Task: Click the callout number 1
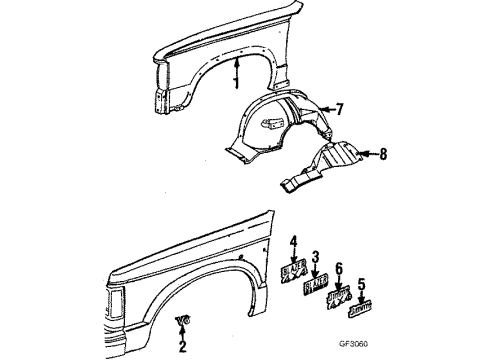pos(237,83)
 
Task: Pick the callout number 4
pos(294,240)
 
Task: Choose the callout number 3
pos(315,256)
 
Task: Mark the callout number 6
pos(340,268)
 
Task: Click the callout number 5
pos(361,283)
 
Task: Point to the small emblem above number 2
pos(182,319)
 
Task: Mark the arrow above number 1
pos(237,68)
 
